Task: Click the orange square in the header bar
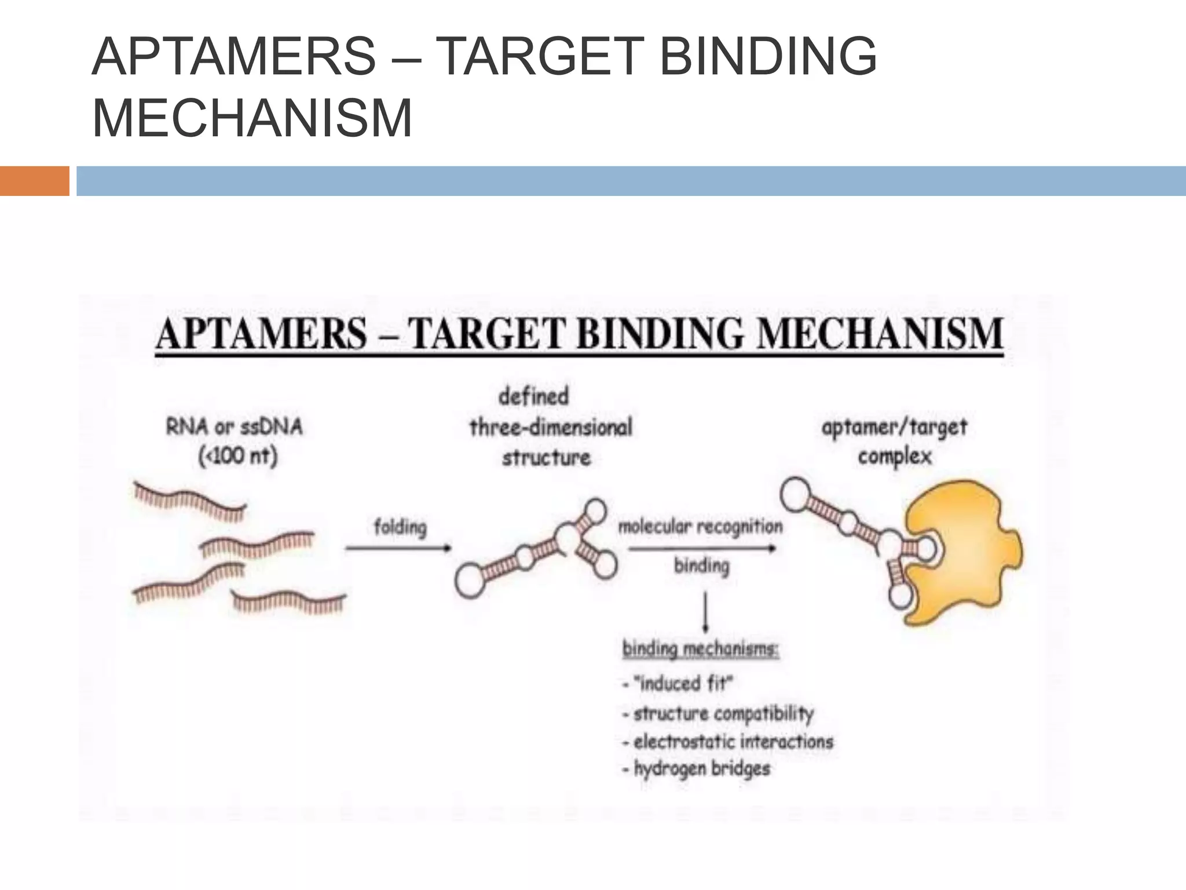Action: pyautogui.click(x=34, y=181)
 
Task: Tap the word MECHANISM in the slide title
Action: pyautogui.click(x=252, y=119)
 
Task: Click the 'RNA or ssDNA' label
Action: pyautogui.click(x=234, y=428)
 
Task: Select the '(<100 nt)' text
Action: pyautogui.click(x=238, y=457)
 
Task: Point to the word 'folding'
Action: pyautogui.click(x=400, y=528)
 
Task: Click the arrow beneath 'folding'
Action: pyautogui.click(x=398, y=548)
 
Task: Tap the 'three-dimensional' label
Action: pyautogui.click(x=550, y=428)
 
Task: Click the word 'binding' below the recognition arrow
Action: pyautogui.click(x=701, y=566)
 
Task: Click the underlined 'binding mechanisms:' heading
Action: pyautogui.click(x=700, y=649)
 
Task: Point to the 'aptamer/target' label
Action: pyautogui.click(x=894, y=428)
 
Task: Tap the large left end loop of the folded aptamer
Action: pyautogui.click(x=470, y=582)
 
